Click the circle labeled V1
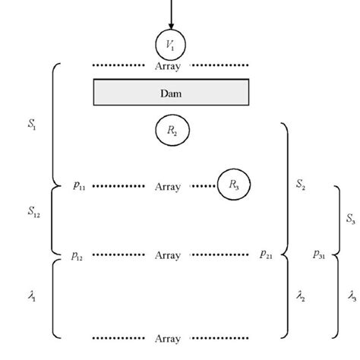tap(170, 43)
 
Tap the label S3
tap(350, 219)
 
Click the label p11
tap(78, 185)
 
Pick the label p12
tap(78, 257)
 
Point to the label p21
tap(266, 257)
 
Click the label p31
tap(318, 257)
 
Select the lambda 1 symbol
tap(32, 297)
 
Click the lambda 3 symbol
tap(350, 297)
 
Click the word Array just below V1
tap(167, 65)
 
